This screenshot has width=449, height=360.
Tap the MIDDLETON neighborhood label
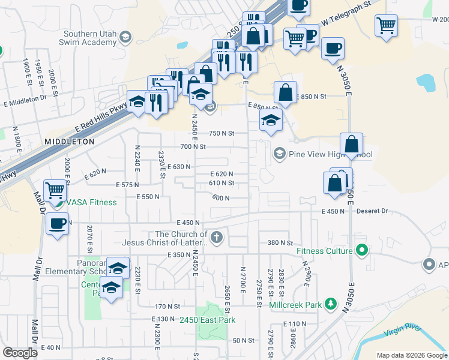click(x=69, y=142)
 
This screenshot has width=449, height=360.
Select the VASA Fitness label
click(x=91, y=202)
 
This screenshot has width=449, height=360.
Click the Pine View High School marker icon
click(x=279, y=154)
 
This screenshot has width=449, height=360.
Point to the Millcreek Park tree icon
click(x=330, y=304)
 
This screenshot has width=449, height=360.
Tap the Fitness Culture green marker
click(x=361, y=250)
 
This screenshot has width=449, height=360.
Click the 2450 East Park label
click(x=208, y=320)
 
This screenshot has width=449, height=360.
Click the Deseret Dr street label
click(x=373, y=211)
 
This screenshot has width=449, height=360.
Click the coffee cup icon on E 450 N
click(x=57, y=224)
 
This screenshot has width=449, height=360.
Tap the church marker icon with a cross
click(x=217, y=238)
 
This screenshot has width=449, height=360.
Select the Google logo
click(x=20, y=353)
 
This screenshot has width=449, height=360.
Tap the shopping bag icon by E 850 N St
click(x=285, y=92)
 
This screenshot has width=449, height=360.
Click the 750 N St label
click(x=221, y=133)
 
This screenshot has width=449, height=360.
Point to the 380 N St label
click(x=280, y=243)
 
